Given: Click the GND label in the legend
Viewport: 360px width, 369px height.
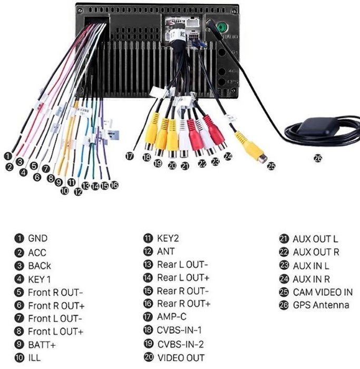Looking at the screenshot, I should pyautogui.click(x=37, y=239).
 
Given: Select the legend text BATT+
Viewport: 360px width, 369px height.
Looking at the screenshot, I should pyautogui.click(x=42, y=345).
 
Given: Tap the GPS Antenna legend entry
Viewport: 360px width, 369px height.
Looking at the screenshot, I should pyautogui.click(x=320, y=305).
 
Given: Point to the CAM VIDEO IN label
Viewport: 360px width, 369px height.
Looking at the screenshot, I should pyautogui.click(x=323, y=292).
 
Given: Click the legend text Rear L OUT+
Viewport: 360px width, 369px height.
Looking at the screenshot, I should pyautogui.click(x=183, y=278).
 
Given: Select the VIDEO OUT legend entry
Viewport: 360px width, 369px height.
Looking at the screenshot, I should pyautogui.click(x=181, y=358).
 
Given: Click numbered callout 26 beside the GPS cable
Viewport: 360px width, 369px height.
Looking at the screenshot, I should pyautogui.click(x=317, y=157).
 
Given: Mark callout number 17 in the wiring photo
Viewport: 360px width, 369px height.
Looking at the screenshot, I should pyautogui.click(x=130, y=156).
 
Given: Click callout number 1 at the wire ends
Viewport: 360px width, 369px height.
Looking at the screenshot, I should pyautogui.click(x=7, y=156).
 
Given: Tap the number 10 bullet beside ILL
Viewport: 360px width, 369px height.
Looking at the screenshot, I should pyautogui.click(x=18, y=358).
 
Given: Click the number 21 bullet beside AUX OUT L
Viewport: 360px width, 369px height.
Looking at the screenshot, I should pyautogui.click(x=283, y=239).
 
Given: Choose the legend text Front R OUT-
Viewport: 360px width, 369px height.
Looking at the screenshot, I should pyautogui.click(x=55, y=292).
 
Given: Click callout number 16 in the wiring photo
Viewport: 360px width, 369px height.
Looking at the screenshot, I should pyautogui.click(x=114, y=186).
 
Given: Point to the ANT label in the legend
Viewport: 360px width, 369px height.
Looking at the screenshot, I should pyautogui.click(x=166, y=252).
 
